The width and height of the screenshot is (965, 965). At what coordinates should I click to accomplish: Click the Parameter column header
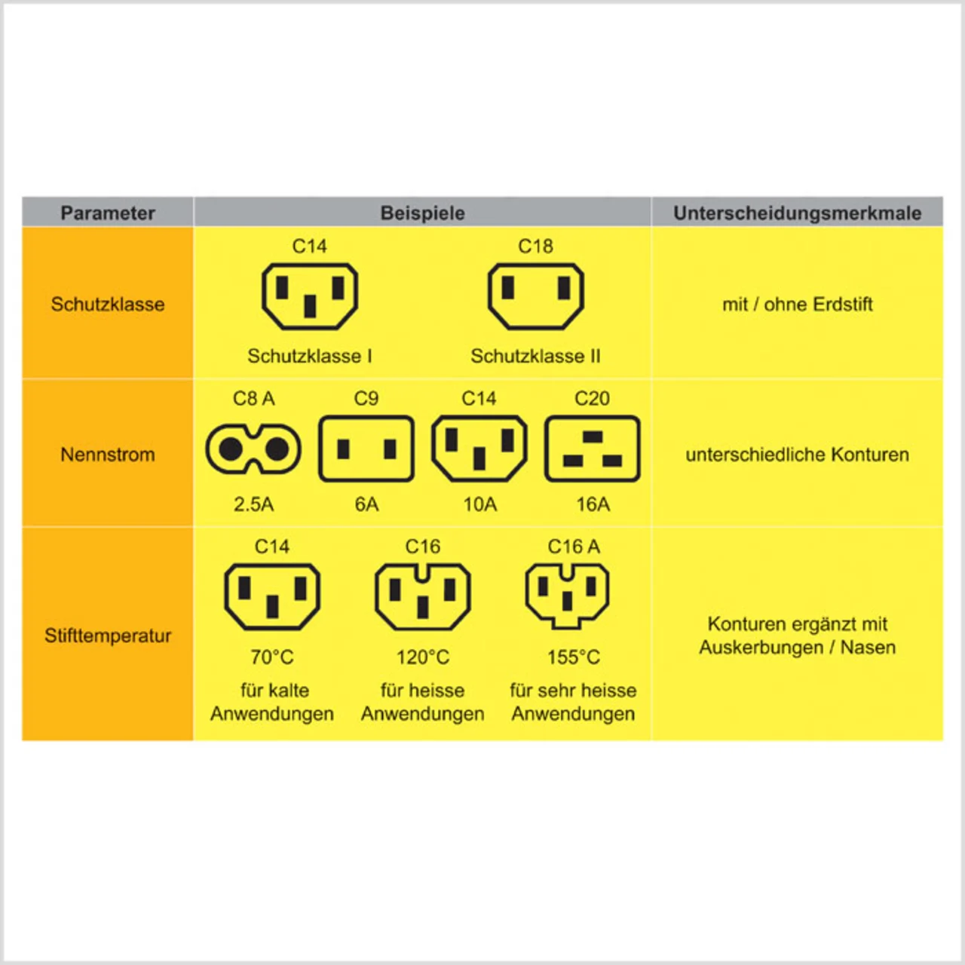[108, 213]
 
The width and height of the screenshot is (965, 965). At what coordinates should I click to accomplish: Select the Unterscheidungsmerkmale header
[797, 213]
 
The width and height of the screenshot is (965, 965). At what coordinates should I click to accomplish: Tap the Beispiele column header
[422, 213]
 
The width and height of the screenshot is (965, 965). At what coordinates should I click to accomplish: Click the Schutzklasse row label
[108, 305]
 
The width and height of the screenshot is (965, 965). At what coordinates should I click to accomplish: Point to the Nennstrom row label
[108, 455]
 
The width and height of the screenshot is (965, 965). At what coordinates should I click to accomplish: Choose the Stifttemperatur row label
[108, 636]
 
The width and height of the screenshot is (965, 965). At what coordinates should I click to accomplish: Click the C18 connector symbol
[535, 296]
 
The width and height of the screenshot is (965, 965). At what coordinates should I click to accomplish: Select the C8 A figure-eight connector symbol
[253, 449]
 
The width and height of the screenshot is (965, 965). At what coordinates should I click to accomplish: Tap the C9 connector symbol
[366, 449]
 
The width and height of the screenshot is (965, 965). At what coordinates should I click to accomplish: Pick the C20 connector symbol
[593, 449]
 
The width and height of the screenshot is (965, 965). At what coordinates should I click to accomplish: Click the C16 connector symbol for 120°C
[423, 597]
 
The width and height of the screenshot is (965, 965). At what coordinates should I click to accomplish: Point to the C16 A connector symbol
[567, 596]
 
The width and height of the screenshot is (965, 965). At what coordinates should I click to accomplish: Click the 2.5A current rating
[253, 504]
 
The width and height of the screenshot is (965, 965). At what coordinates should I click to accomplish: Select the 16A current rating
[593, 504]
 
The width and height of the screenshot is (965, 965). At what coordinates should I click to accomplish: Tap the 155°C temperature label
[574, 657]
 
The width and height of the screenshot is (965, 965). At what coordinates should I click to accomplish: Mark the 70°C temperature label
[272, 657]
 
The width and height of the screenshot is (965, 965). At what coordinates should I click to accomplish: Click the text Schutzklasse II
[535, 356]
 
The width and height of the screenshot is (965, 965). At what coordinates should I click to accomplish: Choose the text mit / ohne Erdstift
[797, 305]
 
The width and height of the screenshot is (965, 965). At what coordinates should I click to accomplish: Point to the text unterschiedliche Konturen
[797, 455]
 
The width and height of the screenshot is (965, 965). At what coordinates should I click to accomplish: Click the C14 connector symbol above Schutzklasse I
[310, 296]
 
